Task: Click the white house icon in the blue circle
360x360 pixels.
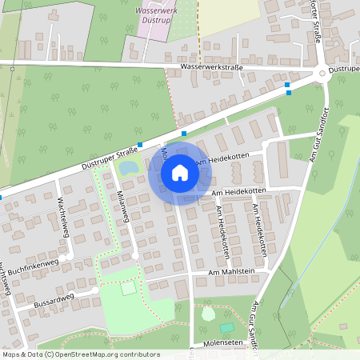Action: (179, 172)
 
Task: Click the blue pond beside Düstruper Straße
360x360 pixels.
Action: (126, 169)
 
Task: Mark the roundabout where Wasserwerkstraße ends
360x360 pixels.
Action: (322, 73)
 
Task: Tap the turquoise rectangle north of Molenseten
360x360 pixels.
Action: (227, 326)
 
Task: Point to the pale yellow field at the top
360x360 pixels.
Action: (228, 16)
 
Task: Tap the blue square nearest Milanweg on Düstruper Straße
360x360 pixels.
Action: (140, 145)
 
